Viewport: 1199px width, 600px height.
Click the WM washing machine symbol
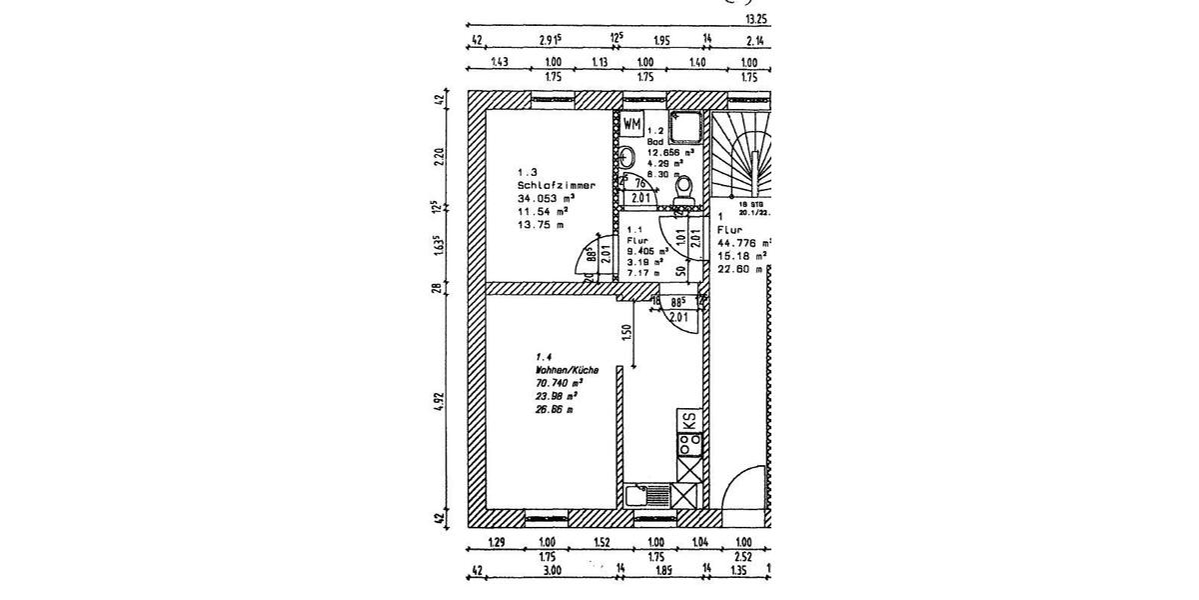(632, 125)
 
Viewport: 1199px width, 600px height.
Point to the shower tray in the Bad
(688, 128)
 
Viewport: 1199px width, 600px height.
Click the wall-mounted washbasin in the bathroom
(625, 157)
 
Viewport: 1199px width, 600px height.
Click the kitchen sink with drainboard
(647, 494)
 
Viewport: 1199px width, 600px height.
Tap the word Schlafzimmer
(557, 186)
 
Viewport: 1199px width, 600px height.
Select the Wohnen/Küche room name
(567, 369)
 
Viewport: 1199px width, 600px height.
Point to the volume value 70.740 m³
(559, 383)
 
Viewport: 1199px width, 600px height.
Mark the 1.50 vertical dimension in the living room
(626, 333)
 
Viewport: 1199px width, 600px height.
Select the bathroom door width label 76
(639, 183)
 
